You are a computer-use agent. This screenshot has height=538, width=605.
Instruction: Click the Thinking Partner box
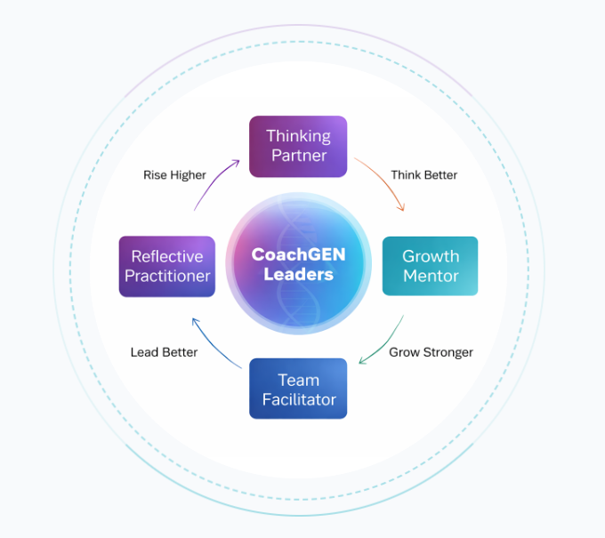(x=297, y=146)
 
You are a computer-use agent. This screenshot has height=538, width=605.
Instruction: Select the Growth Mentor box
(x=430, y=266)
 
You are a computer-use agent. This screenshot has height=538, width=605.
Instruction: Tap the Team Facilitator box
(x=298, y=389)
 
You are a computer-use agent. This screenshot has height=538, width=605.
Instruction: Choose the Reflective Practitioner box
(x=167, y=266)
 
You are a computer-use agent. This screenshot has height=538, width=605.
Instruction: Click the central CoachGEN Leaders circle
(x=298, y=265)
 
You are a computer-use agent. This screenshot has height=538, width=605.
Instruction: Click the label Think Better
(x=423, y=175)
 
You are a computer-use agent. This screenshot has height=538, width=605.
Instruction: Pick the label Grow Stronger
(x=431, y=352)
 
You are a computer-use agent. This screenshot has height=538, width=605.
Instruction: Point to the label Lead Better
(x=164, y=352)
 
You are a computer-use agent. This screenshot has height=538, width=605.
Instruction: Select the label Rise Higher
(x=174, y=175)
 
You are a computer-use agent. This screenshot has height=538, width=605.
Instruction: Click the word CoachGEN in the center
(x=298, y=254)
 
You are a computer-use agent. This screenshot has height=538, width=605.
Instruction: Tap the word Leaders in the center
(x=298, y=275)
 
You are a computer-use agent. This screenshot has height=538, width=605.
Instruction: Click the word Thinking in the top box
(x=298, y=136)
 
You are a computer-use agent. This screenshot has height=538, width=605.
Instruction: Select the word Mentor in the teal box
(x=431, y=276)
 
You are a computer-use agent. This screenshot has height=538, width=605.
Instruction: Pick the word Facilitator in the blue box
(x=299, y=399)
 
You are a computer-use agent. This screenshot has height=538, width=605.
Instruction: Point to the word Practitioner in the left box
(x=167, y=276)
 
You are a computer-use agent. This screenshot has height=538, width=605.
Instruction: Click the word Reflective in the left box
(x=167, y=256)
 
